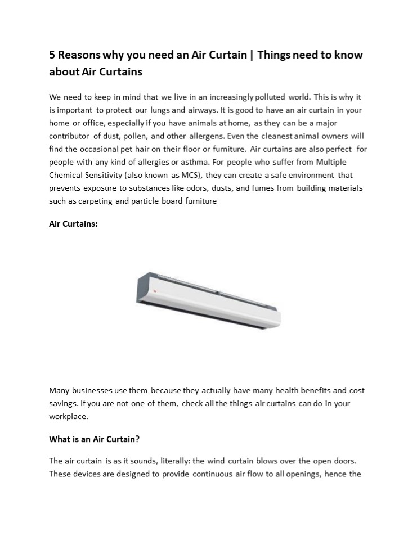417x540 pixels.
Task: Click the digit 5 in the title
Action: coord(52,55)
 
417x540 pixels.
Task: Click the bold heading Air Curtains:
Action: coord(73,224)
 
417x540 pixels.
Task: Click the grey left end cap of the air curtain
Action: coord(144,287)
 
